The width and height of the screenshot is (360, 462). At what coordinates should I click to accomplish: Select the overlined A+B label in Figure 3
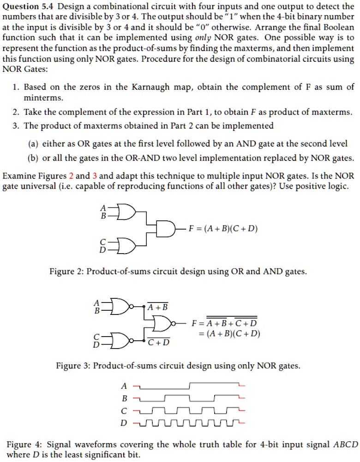[x=158, y=307]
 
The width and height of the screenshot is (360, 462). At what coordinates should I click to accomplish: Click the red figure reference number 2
[x=71, y=176]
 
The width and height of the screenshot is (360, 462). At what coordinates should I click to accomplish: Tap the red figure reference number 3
[x=95, y=176]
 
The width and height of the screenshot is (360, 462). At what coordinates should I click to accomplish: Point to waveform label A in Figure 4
[x=123, y=385]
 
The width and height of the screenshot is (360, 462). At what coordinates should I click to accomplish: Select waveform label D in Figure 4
[x=123, y=421]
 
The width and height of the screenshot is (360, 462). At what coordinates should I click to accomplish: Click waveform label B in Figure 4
[x=123, y=397]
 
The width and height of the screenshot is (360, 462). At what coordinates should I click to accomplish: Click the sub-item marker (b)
[x=34, y=158]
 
